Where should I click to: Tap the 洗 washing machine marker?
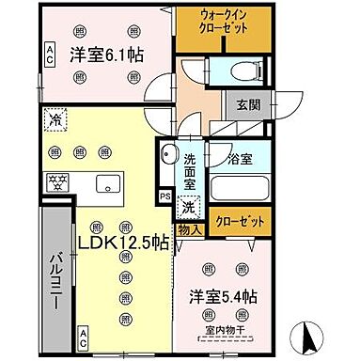coord(189,205)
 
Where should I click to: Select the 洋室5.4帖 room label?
coord(224,296)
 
